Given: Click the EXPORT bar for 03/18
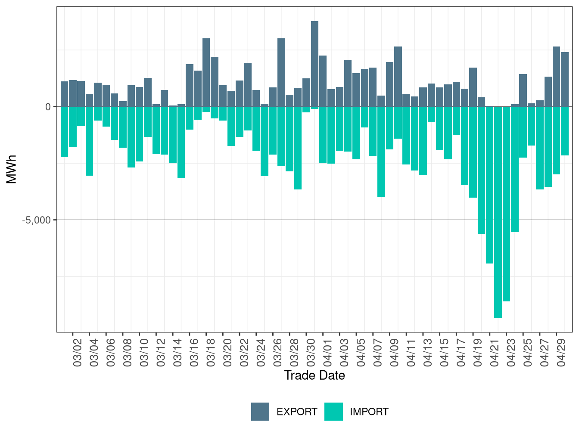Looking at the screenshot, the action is [206, 72].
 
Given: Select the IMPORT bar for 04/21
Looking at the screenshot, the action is [489, 185].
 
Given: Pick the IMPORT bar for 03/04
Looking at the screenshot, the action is [90, 141].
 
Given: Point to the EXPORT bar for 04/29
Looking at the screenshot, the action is [565, 79].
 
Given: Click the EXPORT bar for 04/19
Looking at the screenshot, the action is [473, 87].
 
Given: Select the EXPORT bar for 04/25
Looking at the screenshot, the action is [523, 90].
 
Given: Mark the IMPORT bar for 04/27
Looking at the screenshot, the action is [540, 148].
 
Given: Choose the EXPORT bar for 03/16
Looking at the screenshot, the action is [190, 85].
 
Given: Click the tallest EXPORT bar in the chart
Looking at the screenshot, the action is [314, 64].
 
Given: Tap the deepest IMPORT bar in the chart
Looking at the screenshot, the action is [498, 212].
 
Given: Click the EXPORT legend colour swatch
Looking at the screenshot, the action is [260, 412].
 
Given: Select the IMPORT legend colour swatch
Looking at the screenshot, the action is [334, 412].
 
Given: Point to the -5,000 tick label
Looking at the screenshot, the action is [36, 220].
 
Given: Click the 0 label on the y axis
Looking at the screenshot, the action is [48, 107].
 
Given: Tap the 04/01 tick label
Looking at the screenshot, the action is [327, 353].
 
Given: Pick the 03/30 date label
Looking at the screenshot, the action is [311, 353].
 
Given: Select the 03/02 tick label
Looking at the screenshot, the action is [77, 353].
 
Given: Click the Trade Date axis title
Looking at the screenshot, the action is [314, 375].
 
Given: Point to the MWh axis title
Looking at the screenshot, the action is [11, 169].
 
